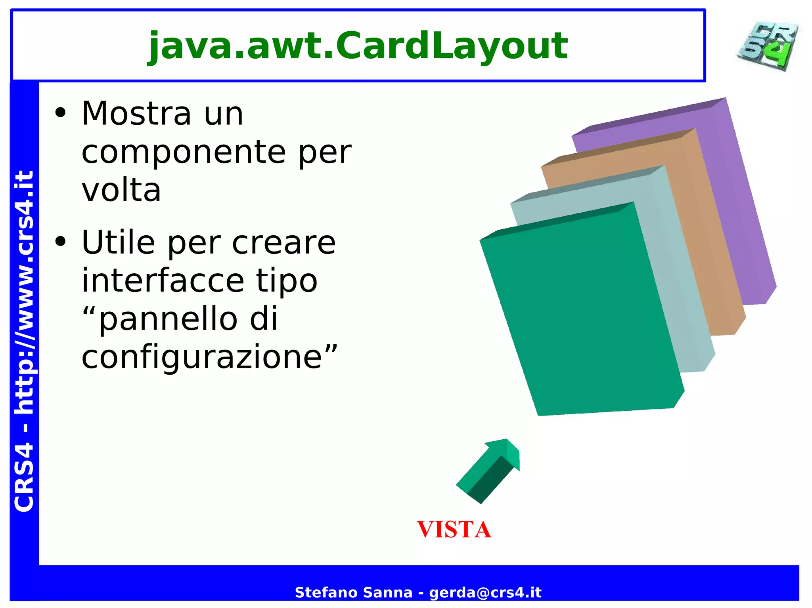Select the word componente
coord(184,152)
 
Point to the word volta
coord(121,190)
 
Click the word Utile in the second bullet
coord(118,242)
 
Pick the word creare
coord(284,242)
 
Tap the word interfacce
coord(163,280)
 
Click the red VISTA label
coord(454,530)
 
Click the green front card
coord(579,317)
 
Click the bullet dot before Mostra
coord(60,113)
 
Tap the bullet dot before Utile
coord(60,242)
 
